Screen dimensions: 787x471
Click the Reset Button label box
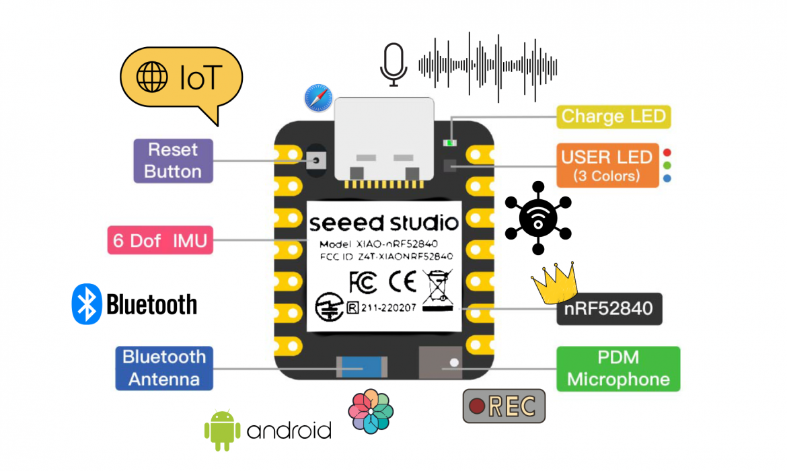pyautogui.click(x=173, y=161)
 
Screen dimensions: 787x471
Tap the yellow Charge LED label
pyautogui.click(x=613, y=116)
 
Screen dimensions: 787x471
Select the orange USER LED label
pyautogui.click(x=607, y=165)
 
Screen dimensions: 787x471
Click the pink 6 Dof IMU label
pyautogui.click(x=160, y=240)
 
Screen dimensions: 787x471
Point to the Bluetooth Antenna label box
pyautogui.click(x=164, y=367)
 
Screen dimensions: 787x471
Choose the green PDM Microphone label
pyautogui.click(x=618, y=369)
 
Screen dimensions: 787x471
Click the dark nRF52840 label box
pyautogui.click(x=609, y=309)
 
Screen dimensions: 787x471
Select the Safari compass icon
pyautogui.click(x=318, y=98)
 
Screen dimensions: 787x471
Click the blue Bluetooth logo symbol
pyautogui.click(x=86, y=304)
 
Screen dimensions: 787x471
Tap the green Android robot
pyautogui.click(x=222, y=429)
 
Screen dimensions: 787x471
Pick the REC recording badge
pyautogui.click(x=504, y=406)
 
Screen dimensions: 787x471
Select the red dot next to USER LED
pyautogui.click(x=667, y=153)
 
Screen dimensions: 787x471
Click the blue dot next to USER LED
pyautogui.click(x=667, y=178)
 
